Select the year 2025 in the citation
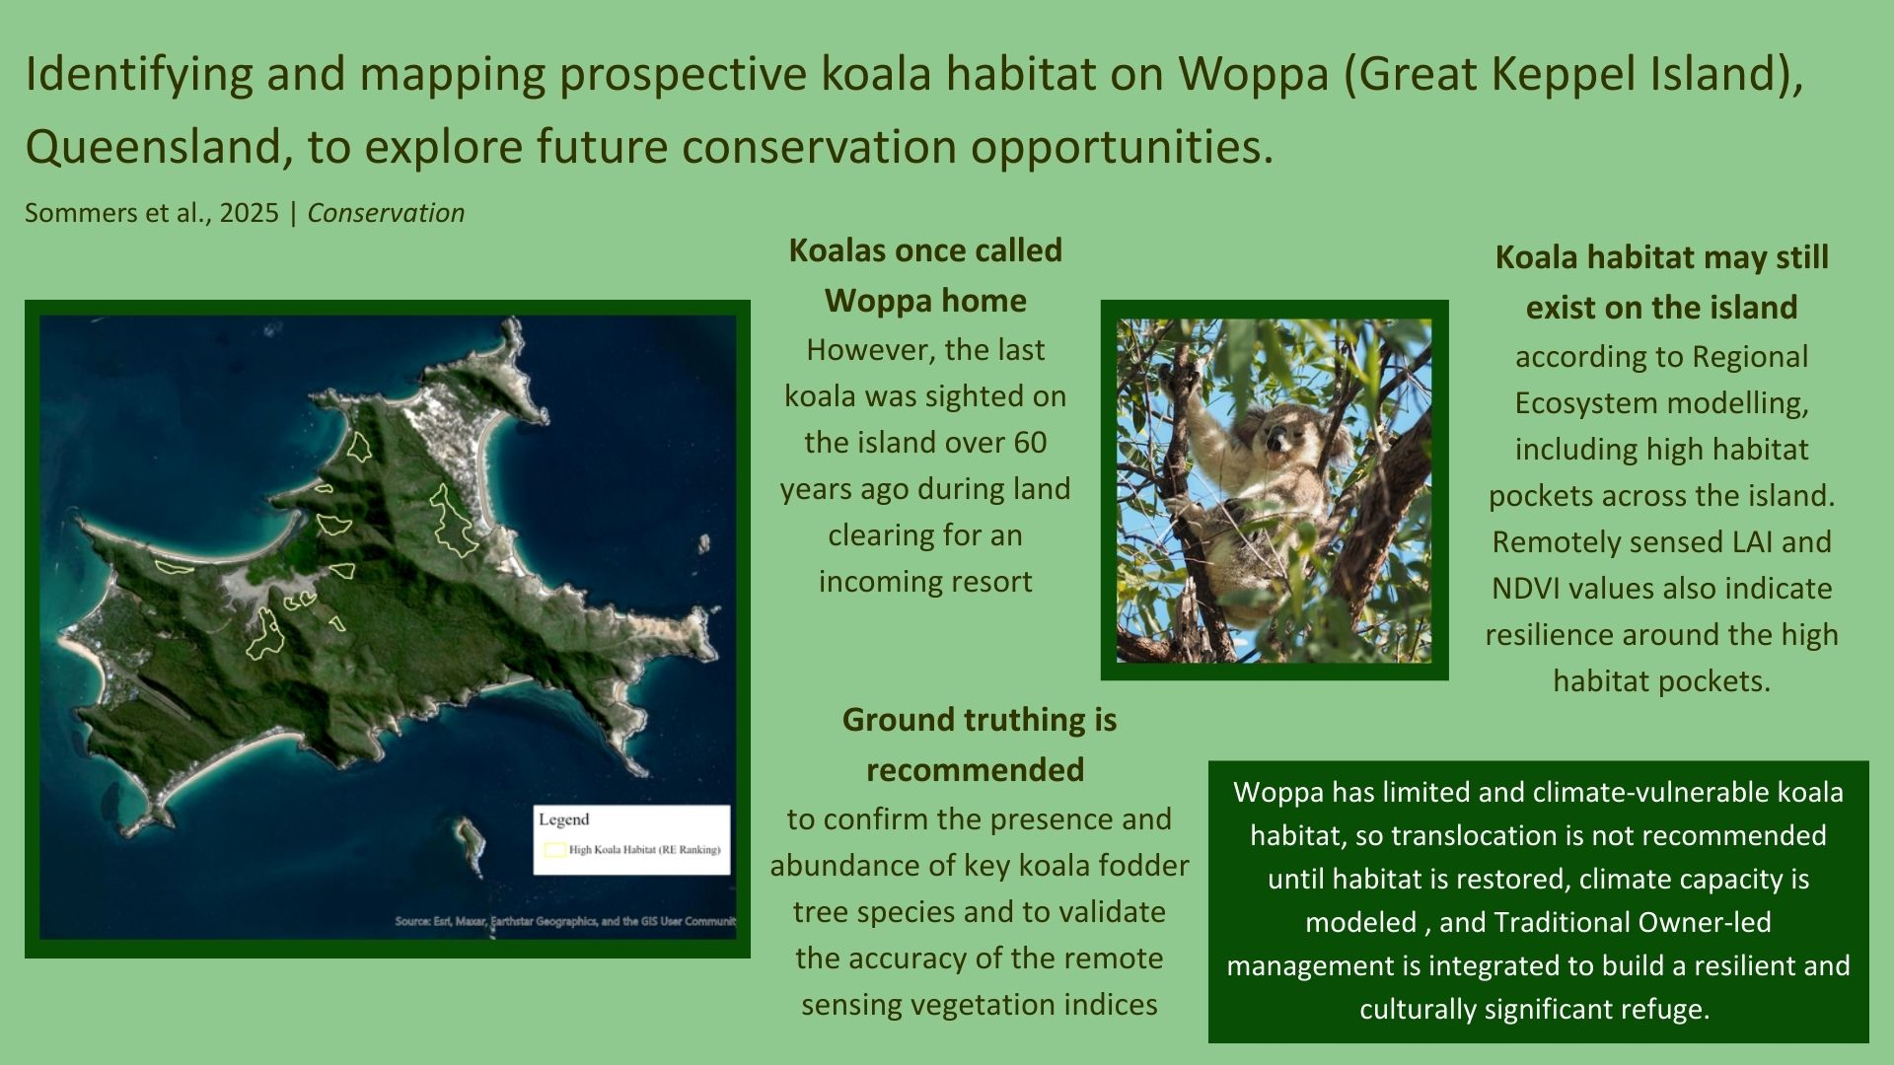[250, 213]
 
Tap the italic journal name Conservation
[386, 213]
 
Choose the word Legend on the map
[563, 819]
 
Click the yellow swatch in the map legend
[554, 849]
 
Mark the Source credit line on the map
[565, 922]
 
